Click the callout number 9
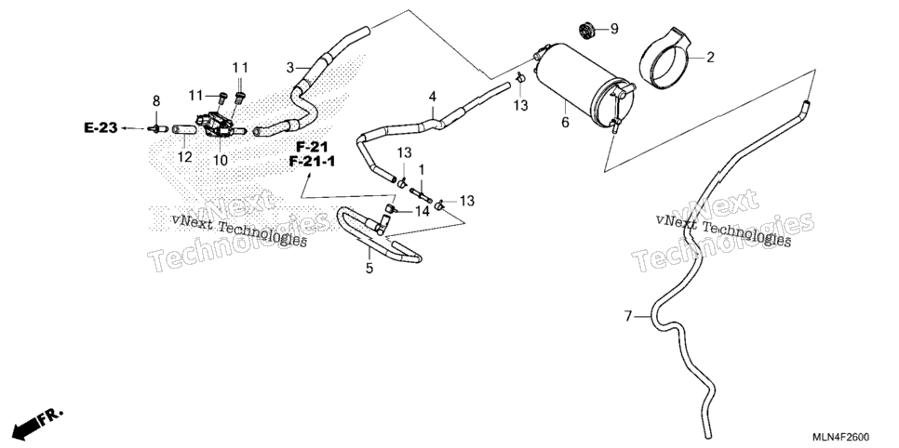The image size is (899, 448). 614,29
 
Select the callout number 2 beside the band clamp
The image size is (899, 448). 710,58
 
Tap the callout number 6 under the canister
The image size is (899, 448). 565,122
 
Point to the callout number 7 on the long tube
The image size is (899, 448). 628,316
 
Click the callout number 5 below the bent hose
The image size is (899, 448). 369,268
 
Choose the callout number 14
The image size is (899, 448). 423,211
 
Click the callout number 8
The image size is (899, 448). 156,102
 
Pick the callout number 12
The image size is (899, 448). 184,156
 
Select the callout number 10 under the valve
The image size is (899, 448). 221,161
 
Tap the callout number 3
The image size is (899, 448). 290,68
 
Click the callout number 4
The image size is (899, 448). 433,96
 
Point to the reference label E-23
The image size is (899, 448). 101,127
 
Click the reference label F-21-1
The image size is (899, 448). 312,162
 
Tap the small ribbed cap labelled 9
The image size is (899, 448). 586,30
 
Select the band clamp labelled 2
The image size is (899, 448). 666,59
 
